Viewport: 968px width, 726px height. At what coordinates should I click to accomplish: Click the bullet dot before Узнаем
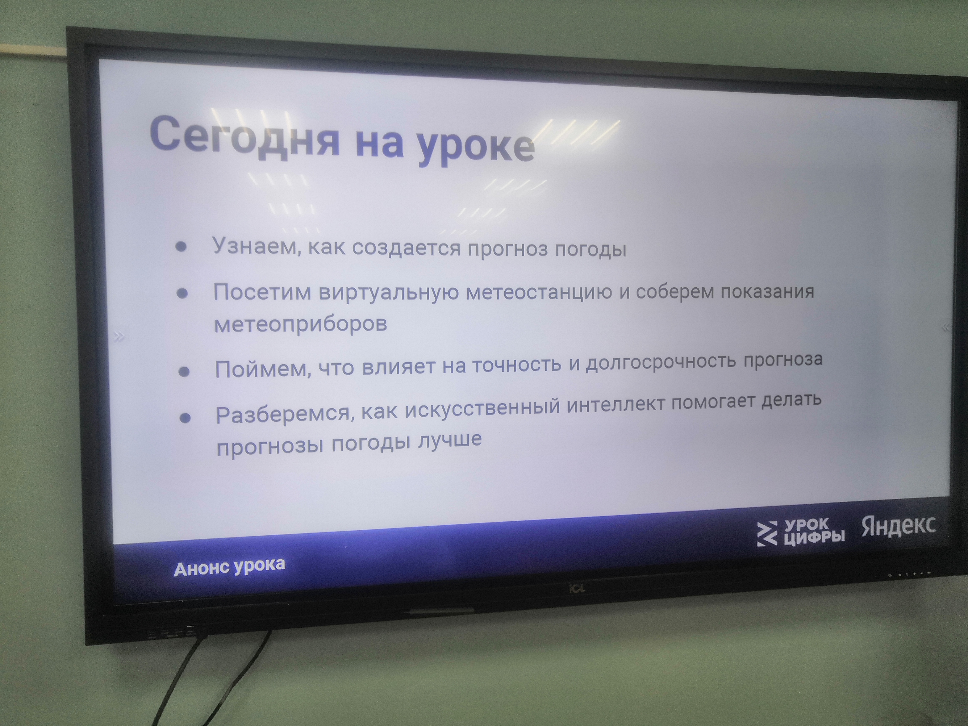coord(181,247)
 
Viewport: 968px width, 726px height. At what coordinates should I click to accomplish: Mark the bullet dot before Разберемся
coord(185,418)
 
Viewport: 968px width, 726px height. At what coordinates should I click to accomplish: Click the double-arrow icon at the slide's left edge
coord(119,336)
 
